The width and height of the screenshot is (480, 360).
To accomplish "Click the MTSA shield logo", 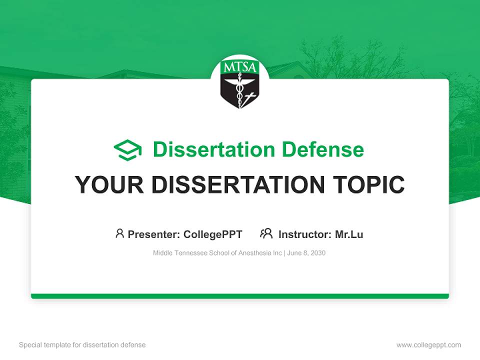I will [240, 84].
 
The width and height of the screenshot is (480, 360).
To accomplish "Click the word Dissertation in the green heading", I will [213, 149].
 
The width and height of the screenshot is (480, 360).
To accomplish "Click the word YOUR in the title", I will [109, 185].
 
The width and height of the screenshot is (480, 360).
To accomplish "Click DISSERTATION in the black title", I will [237, 185].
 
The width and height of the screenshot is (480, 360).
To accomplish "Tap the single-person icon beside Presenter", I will [119, 233].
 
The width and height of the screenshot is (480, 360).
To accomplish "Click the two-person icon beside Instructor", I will [266, 233].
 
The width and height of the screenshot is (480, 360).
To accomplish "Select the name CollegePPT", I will [213, 234].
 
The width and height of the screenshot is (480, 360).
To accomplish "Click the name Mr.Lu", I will [349, 234].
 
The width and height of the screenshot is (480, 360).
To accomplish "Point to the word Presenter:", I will [154, 234].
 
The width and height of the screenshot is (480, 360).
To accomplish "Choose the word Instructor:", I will [305, 234].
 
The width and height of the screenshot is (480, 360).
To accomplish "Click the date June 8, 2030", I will [306, 253].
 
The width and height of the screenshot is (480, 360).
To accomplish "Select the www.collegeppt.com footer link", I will [428, 345].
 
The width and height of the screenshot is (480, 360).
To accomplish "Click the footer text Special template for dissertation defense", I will [82, 345].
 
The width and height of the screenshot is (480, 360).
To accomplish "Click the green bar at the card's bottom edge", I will [240, 296].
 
